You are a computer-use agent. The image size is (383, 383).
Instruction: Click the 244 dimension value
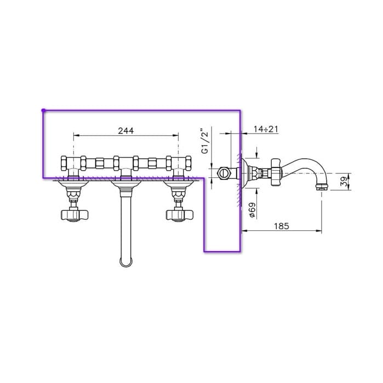click(126, 131)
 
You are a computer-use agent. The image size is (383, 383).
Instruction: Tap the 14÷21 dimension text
click(266, 129)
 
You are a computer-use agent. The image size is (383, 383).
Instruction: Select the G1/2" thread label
click(205, 141)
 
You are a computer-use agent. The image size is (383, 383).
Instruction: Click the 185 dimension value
click(282, 226)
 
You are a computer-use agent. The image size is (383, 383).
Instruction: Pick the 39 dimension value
click(345, 182)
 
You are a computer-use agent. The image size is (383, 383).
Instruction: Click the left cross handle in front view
click(74, 215)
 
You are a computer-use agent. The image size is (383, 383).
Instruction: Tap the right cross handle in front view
click(180, 215)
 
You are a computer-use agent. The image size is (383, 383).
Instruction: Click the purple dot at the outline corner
click(43, 111)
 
